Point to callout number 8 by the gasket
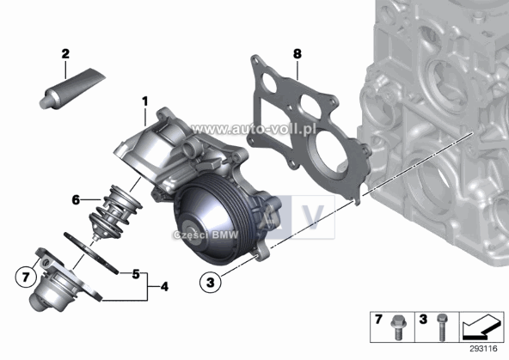[297, 55]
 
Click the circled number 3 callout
[208, 280]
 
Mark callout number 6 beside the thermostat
[77, 200]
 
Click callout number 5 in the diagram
[135, 275]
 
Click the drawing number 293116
[486, 350]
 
